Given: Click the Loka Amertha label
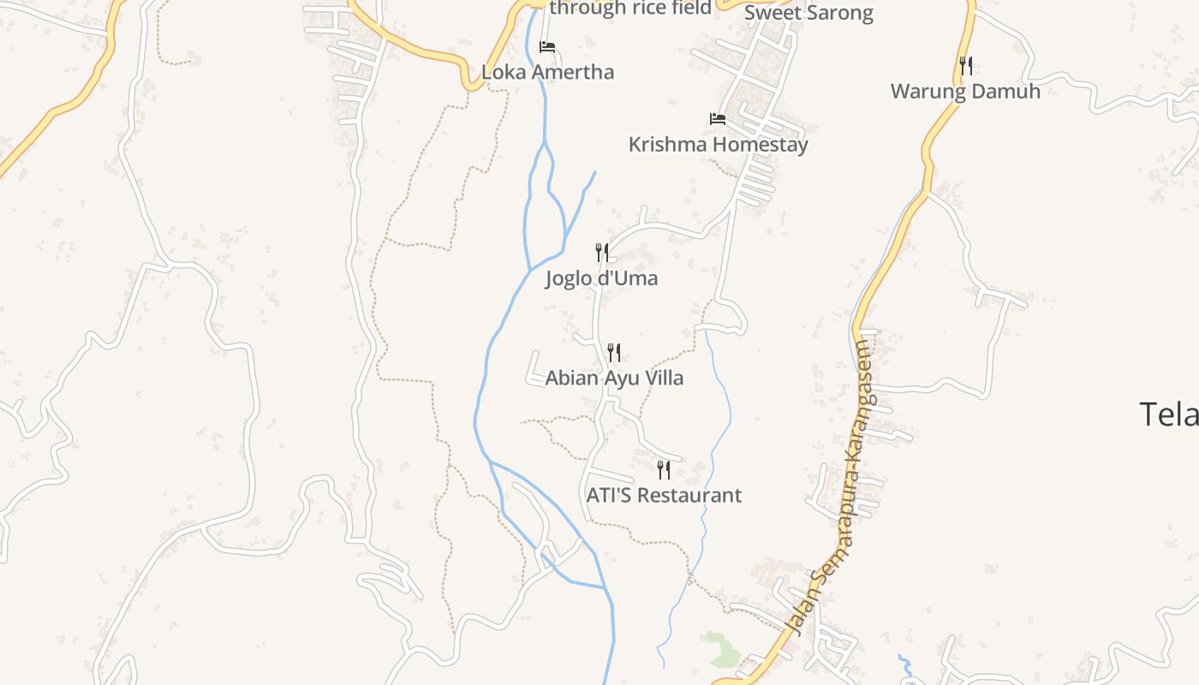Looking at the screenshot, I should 547,72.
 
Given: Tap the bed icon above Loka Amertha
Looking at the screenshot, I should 547,47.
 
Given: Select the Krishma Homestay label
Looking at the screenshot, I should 718,145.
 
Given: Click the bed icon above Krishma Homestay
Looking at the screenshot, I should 718,119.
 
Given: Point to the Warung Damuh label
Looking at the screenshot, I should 965,92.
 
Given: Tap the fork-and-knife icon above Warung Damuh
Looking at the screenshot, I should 965,65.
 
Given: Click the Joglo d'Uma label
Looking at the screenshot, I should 601,278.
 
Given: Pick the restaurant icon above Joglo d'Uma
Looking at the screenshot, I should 602,252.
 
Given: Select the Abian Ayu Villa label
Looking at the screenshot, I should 614,378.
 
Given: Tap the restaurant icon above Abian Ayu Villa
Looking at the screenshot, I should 614,352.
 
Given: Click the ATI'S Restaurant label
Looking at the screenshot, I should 664,495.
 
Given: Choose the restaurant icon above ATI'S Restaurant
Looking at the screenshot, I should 664,469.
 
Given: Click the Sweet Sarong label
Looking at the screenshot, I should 808,13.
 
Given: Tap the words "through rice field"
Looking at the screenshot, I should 630,9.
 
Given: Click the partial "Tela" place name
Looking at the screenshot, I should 1168,414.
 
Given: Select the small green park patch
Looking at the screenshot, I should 721,648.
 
